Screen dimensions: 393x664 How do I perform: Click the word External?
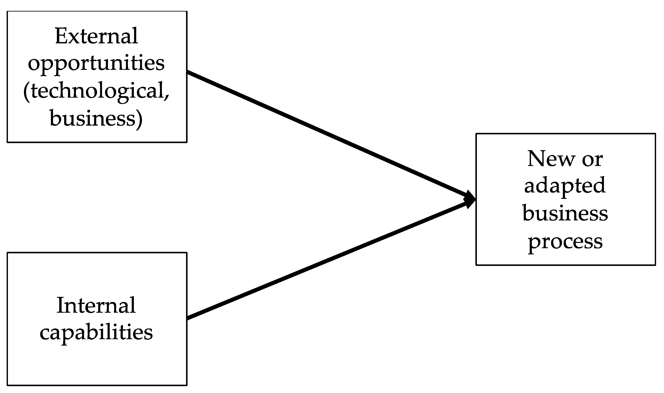click(x=96, y=36)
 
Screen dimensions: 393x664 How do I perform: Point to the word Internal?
click(x=96, y=306)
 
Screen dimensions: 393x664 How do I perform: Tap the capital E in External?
click(x=61, y=36)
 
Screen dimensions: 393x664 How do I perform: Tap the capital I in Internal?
click(x=61, y=306)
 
